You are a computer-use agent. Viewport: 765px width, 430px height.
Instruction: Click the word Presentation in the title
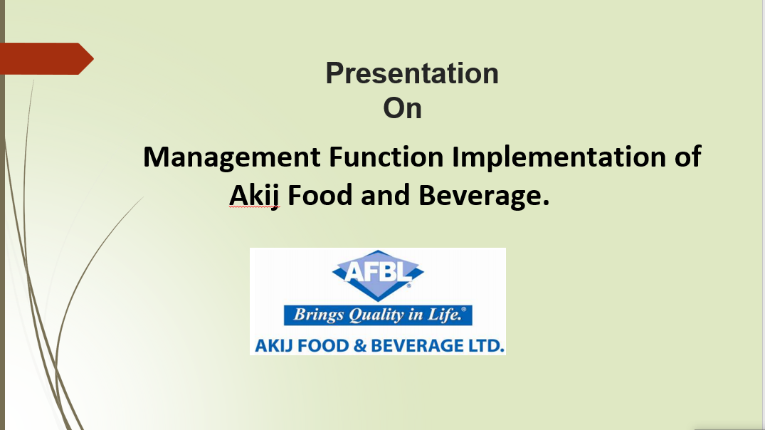click(x=412, y=73)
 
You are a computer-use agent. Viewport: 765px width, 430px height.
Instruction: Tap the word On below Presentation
click(x=403, y=108)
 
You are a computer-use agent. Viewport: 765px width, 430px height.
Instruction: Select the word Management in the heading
click(x=232, y=158)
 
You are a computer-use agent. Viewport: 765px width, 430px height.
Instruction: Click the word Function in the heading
click(x=386, y=157)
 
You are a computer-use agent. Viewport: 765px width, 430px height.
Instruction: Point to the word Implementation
click(x=559, y=158)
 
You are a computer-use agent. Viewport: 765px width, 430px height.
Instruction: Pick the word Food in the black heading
click(x=320, y=195)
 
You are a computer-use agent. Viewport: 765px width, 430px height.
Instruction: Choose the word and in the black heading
click(x=386, y=195)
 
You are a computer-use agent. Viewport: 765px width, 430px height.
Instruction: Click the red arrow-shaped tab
click(x=47, y=58)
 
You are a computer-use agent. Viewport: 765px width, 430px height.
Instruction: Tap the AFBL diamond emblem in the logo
click(x=378, y=276)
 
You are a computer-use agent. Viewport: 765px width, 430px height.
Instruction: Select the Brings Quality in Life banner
click(x=378, y=315)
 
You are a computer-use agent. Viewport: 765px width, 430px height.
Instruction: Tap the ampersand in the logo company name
click(x=360, y=345)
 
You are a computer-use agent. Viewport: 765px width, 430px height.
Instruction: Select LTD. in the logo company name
click(x=486, y=345)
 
